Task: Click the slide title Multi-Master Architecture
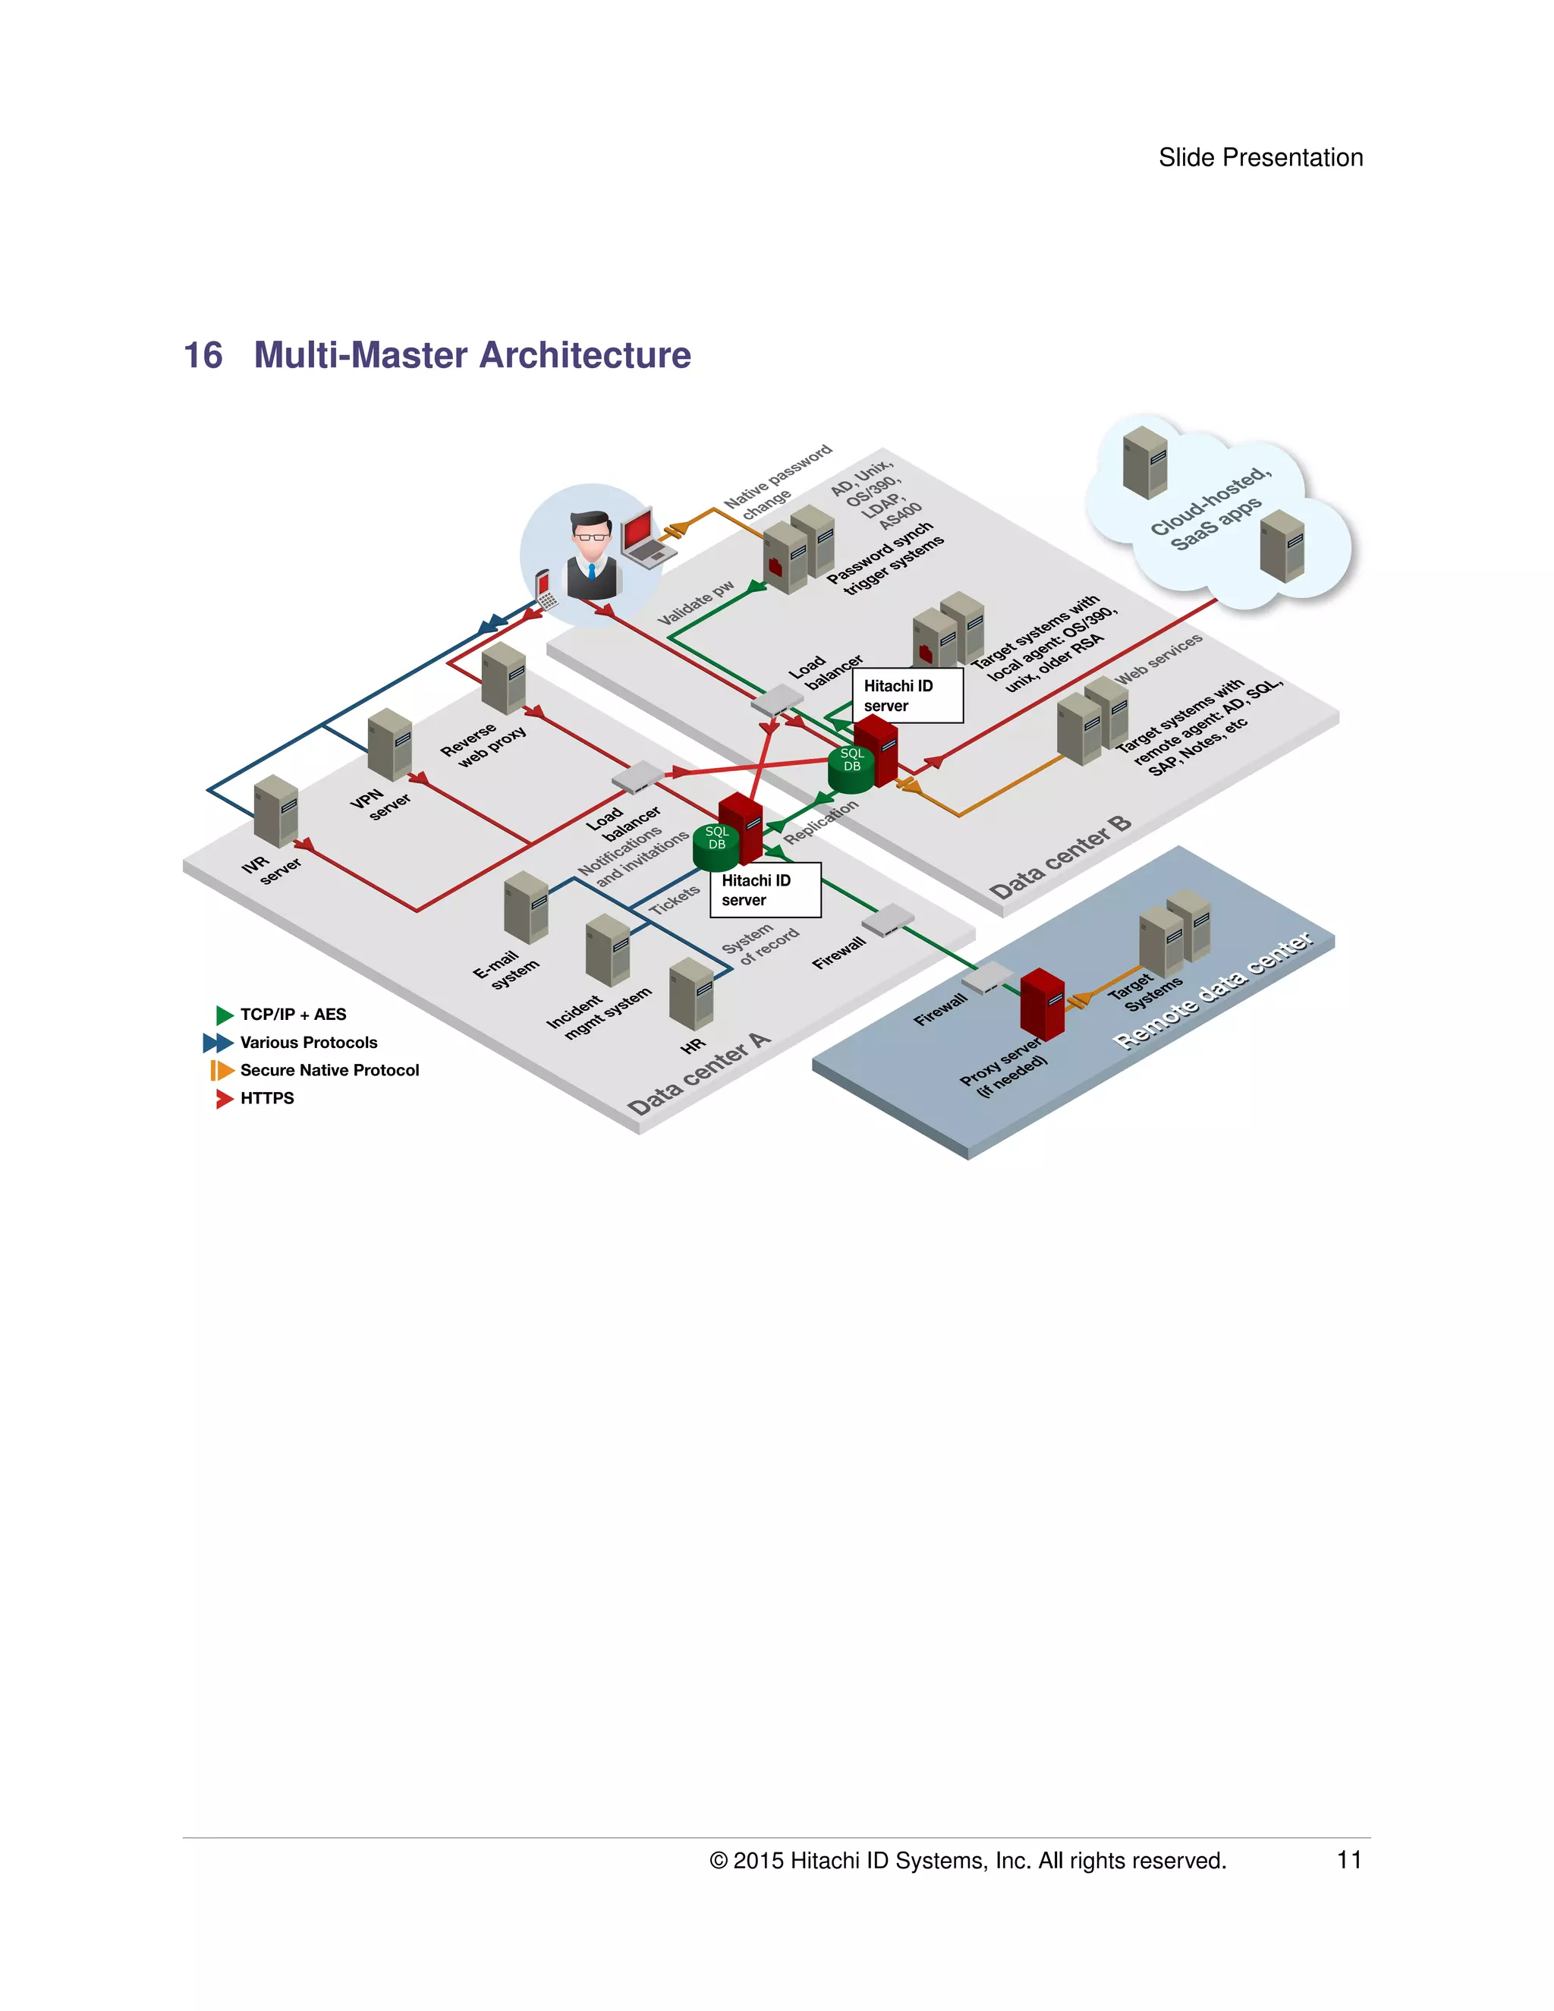click(x=471, y=355)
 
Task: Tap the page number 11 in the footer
click(x=1348, y=1859)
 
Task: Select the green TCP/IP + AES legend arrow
click(x=224, y=1015)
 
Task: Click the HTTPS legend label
click(x=267, y=1097)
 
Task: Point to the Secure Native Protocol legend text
click(x=329, y=1070)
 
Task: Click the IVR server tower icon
click(x=275, y=810)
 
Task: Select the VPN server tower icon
click(x=389, y=744)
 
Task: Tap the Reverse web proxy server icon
click(x=504, y=678)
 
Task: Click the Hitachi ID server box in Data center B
click(x=908, y=696)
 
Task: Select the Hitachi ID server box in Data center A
click(x=764, y=889)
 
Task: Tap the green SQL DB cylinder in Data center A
click(x=716, y=847)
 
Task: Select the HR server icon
click(x=690, y=993)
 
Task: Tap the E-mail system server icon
click(x=526, y=907)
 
